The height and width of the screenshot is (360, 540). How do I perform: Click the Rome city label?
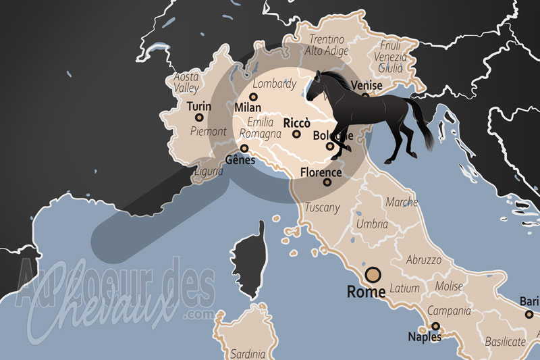(365, 292)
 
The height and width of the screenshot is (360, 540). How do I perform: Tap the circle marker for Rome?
(373, 275)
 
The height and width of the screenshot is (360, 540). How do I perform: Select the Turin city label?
(198, 106)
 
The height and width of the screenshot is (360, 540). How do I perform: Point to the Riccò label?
(297, 123)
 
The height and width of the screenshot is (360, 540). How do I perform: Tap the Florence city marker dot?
(327, 182)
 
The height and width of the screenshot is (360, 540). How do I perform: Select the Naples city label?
(425, 336)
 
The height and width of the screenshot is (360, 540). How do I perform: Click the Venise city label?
(365, 86)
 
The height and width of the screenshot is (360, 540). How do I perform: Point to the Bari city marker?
(529, 314)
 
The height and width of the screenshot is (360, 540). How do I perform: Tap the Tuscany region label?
(323, 207)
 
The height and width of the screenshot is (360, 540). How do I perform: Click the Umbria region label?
(372, 224)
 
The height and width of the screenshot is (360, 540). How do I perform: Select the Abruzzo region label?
(423, 259)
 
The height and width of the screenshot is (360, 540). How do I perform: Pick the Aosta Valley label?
(186, 82)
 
